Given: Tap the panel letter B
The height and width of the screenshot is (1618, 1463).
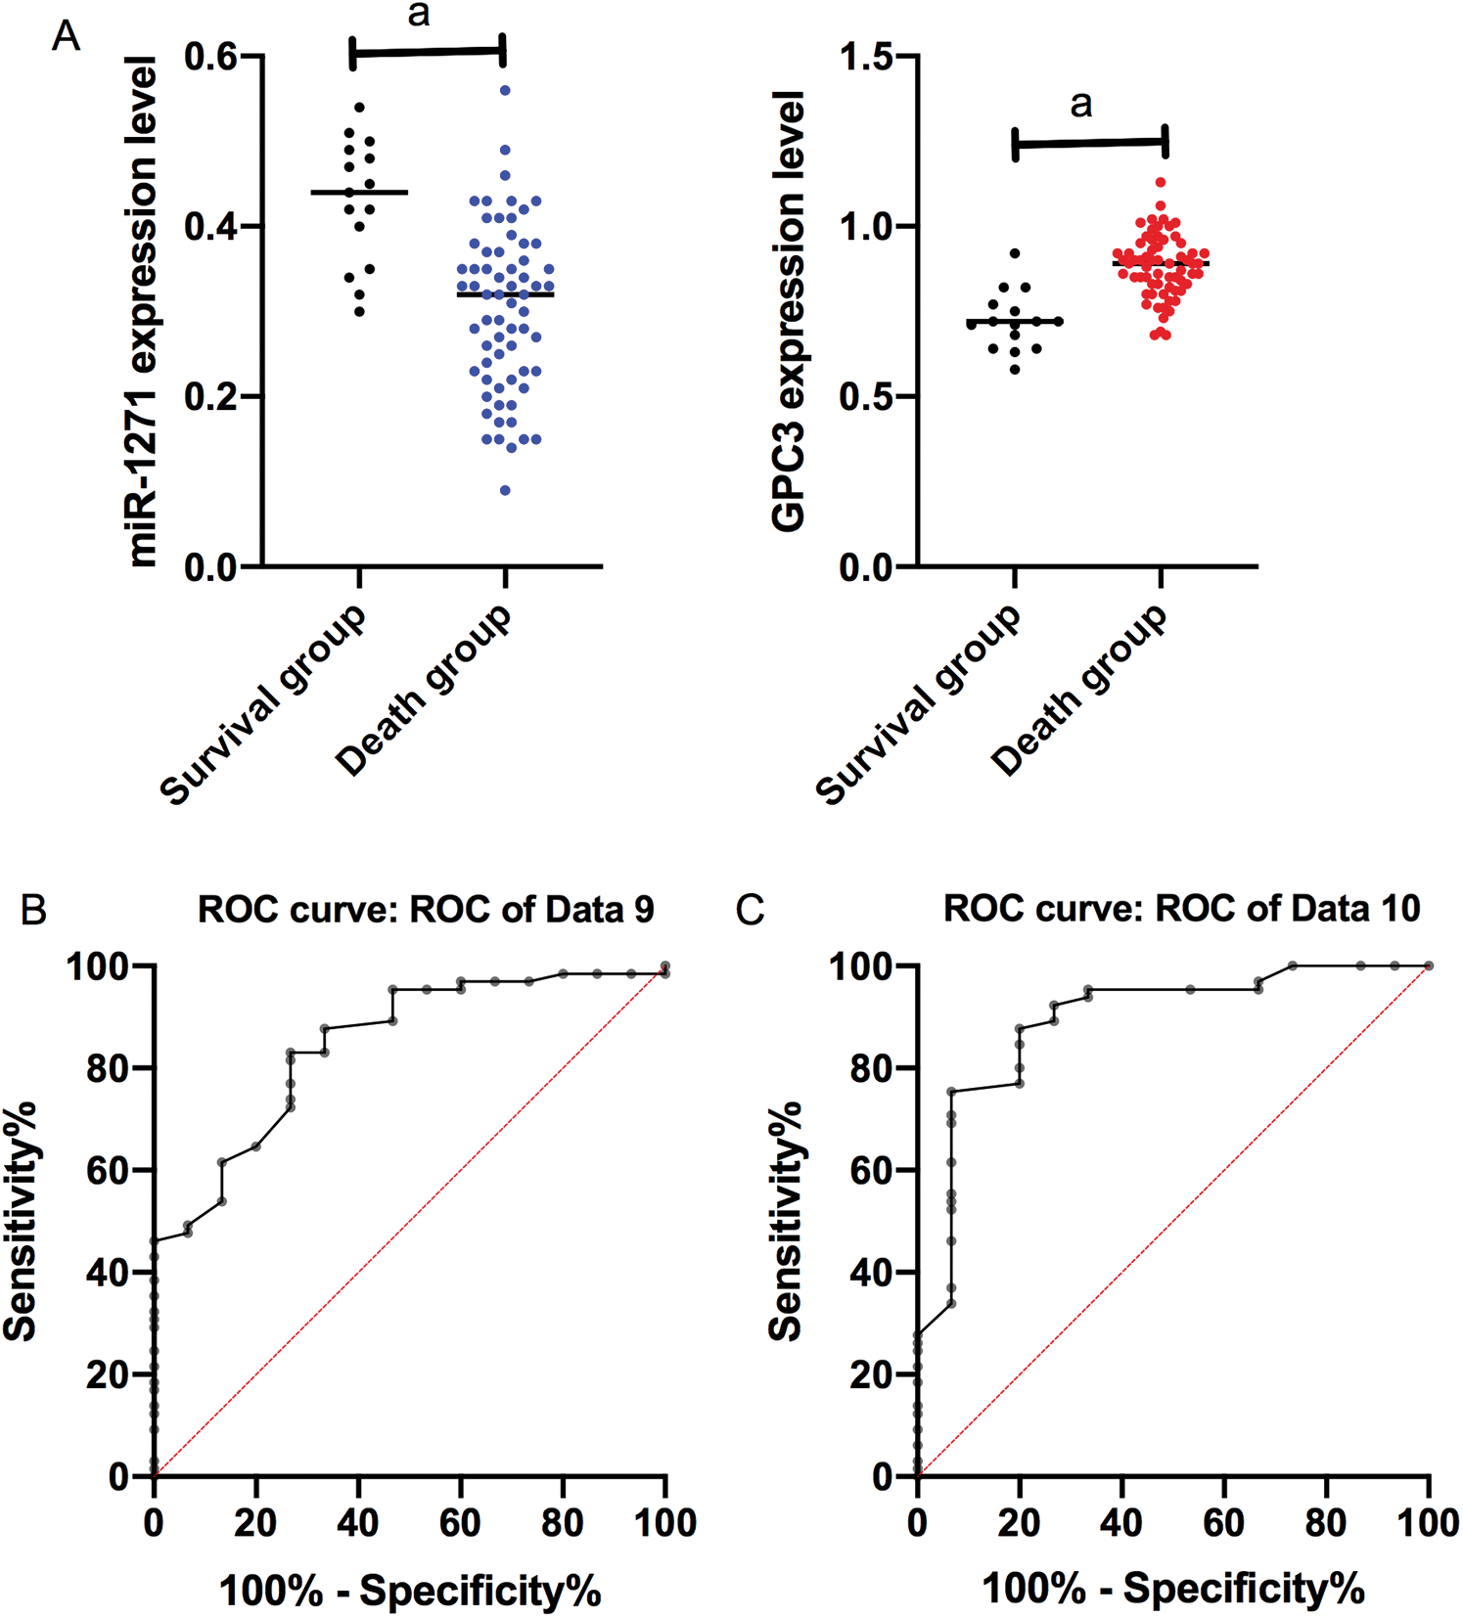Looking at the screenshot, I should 34,911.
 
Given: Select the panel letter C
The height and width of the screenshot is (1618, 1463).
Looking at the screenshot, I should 750,911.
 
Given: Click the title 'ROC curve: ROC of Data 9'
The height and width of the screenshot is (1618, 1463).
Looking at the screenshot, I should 426,910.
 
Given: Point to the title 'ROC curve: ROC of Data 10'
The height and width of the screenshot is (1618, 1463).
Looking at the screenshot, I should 1181,910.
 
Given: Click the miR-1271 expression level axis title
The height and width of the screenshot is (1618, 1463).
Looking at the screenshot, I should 143,311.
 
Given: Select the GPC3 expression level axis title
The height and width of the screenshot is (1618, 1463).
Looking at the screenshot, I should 788,311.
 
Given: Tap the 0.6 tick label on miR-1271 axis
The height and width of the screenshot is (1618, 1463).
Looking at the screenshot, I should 211,57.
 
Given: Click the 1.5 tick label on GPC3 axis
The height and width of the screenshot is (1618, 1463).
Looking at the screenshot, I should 867,57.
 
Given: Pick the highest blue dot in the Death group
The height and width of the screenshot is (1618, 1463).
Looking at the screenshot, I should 505,90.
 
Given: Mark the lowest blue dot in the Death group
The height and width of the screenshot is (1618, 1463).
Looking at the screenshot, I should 505,490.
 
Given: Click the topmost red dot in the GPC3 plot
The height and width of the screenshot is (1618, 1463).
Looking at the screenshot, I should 1161,182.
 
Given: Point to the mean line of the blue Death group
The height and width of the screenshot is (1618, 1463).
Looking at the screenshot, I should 505,294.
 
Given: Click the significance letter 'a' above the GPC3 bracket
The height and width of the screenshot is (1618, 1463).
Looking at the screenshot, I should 1080,104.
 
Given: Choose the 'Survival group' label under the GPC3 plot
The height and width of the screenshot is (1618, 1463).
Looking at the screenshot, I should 920,704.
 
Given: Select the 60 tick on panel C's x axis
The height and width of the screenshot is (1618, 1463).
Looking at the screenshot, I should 1224,1523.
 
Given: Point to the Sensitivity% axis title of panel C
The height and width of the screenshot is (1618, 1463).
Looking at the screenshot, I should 785,1221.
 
